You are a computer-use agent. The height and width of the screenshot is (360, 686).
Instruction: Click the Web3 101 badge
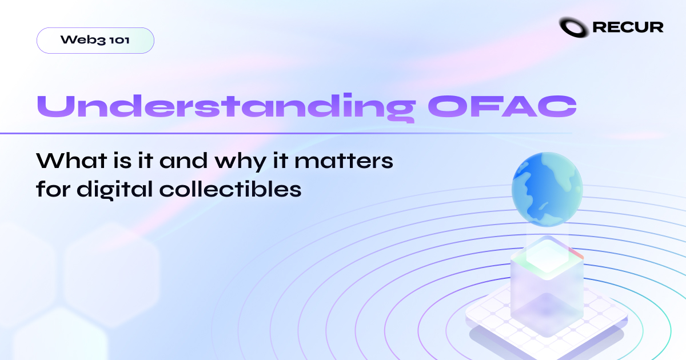[95, 41]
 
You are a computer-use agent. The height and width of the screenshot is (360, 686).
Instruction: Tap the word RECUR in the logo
[628, 27]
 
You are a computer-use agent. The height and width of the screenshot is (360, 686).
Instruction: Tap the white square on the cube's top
[546, 256]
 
